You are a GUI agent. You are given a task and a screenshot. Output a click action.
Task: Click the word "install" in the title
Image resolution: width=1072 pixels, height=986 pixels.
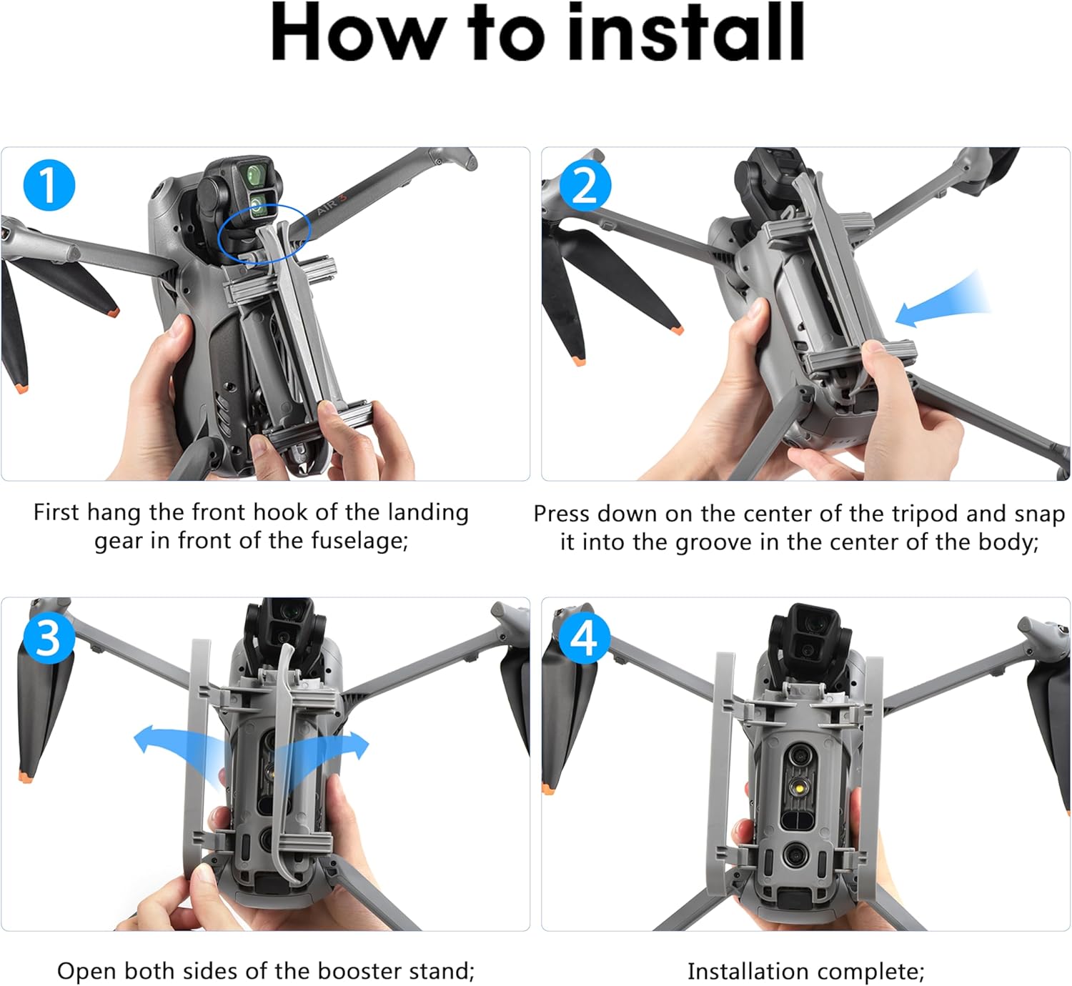click(685, 32)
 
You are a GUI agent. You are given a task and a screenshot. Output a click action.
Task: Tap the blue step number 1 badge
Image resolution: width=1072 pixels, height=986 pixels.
click(49, 185)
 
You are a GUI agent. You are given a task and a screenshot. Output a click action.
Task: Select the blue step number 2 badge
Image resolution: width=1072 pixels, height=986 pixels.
click(585, 185)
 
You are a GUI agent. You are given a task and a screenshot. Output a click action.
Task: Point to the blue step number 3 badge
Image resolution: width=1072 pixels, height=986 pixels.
click(49, 638)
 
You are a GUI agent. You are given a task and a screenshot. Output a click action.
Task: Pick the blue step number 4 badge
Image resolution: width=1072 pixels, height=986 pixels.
click(585, 638)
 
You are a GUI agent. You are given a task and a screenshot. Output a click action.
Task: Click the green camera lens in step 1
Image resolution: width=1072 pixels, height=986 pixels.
click(257, 175)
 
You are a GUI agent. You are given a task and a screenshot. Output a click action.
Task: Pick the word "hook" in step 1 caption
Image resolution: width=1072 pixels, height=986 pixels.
click(281, 512)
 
